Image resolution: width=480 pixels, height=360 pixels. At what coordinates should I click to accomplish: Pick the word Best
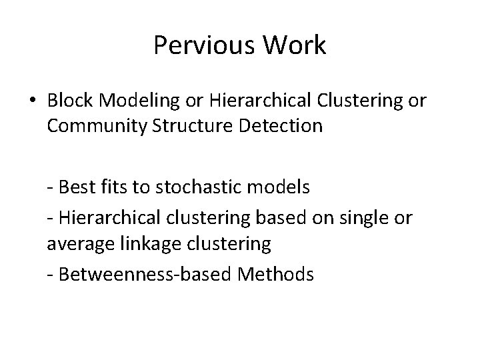coord(76,187)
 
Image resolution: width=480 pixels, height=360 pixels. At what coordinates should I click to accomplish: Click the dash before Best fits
coord(51,188)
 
